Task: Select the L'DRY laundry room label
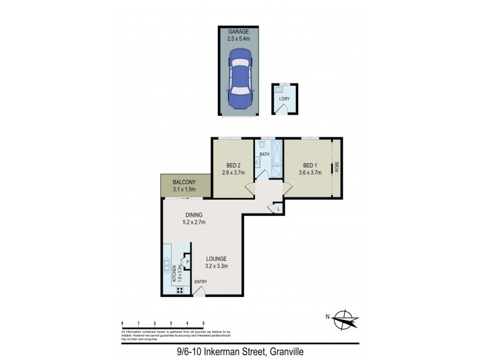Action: click(x=283, y=99)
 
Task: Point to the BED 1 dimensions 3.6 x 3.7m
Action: click(x=310, y=173)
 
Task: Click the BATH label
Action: click(x=264, y=155)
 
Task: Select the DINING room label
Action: click(x=193, y=215)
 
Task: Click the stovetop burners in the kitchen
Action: click(x=179, y=291)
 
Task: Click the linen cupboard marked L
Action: click(x=278, y=208)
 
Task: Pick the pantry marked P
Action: click(x=187, y=262)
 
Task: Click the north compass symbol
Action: click(x=346, y=319)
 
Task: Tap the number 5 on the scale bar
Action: click(x=203, y=323)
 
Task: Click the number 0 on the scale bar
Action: click(x=122, y=323)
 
